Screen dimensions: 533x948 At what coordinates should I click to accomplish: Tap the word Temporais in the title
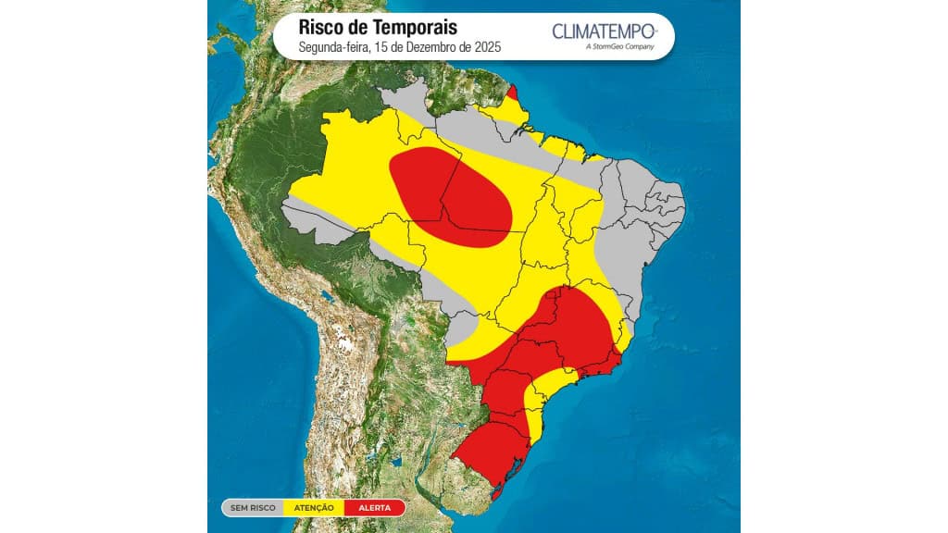click(416, 28)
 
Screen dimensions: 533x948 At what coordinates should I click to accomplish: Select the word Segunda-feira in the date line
click(331, 47)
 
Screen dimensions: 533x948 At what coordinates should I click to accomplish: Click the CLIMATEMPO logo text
click(604, 31)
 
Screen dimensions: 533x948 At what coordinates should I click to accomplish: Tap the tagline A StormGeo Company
click(619, 47)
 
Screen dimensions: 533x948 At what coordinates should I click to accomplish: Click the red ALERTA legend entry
click(373, 507)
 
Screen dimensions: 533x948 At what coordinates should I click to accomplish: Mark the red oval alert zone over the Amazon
click(450, 196)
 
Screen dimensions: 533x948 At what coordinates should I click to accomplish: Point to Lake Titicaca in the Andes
click(325, 298)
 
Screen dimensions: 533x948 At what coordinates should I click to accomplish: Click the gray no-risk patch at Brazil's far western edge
click(310, 220)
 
